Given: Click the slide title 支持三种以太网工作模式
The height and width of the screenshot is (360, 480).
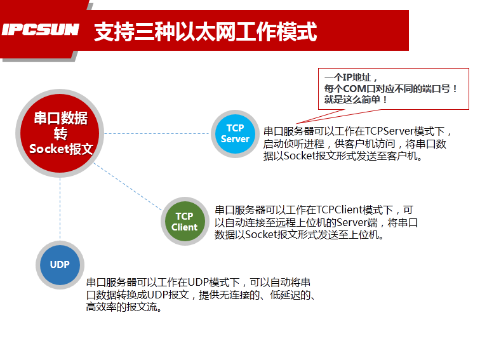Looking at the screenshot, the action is (x=204, y=31).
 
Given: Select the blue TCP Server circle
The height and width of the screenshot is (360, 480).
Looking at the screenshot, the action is (x=235, y=133).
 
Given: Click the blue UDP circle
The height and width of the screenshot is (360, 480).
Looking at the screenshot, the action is (x=60, y=265).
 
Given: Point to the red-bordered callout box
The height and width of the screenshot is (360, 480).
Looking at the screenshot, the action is (x=393, y=88).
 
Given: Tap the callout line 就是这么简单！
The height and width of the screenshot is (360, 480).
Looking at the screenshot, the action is (x=356, y=100).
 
